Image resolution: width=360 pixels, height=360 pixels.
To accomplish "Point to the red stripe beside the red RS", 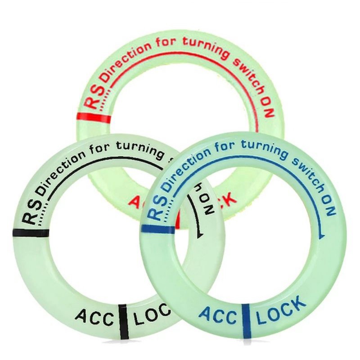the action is click(93, 117).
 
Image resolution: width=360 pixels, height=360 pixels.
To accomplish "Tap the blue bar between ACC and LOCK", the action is click(246, 319).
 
